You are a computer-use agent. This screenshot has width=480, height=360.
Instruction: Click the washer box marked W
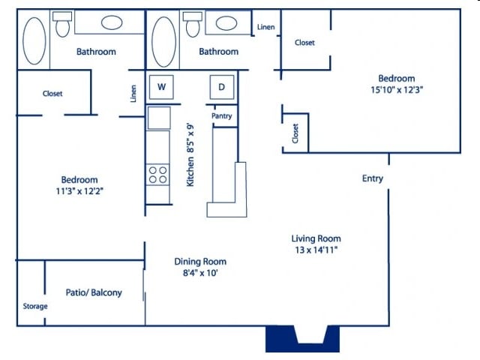coord(160,87)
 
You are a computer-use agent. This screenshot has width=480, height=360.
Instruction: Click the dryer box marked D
coord(221,87)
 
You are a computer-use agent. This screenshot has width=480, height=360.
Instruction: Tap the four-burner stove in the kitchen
coord(157,175)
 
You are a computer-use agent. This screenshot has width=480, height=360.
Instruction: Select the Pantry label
coord(221,116)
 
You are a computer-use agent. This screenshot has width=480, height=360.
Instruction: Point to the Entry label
coord(373,178)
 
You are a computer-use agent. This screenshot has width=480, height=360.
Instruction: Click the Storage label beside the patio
coord(35,306)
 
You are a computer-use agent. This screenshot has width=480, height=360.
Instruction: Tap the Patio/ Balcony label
coord(94,292)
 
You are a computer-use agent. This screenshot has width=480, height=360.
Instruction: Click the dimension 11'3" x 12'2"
coord(79,191)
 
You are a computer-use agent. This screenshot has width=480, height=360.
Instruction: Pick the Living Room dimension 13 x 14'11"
coord(316,250)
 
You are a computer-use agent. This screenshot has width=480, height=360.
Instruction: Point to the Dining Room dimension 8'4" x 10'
coord(200,273)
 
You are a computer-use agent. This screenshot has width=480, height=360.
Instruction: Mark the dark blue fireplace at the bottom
coord(297,340)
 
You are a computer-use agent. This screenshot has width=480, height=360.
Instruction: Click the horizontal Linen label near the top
coord(265,28)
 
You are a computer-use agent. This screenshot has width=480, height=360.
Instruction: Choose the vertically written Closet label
coord(295,133)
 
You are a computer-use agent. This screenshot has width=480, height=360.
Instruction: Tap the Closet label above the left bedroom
coord(52,94)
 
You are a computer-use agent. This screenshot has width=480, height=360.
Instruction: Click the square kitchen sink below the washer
coord(159,118)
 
